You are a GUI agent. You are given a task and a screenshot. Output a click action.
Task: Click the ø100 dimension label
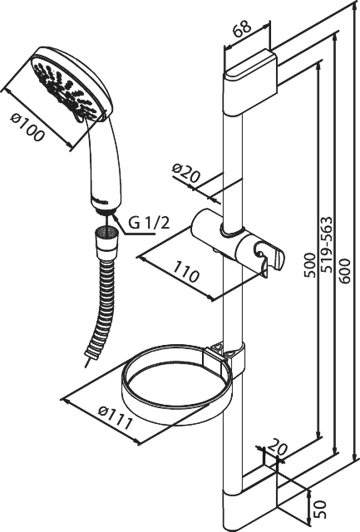tap(28, 128)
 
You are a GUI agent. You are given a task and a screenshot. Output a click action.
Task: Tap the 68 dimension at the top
tap(242, 27)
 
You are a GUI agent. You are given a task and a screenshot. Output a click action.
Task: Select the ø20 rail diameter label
tap(186, 173)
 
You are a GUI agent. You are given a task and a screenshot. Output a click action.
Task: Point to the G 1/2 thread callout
tap(149, 223)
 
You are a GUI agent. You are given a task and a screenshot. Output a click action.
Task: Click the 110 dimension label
tap(185, 271)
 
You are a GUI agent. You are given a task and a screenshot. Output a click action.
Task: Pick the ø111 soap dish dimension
tap(115, 417)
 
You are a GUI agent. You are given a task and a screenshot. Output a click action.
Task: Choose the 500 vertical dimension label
tap(309, 265)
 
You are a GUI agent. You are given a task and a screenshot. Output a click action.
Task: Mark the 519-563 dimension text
tap(326, 245)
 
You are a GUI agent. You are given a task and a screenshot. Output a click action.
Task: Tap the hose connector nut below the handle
tap(107, 241)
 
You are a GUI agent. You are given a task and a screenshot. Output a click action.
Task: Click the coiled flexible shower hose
tap(101, 312)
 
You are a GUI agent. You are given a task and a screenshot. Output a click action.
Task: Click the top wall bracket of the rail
tap(251, 81)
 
